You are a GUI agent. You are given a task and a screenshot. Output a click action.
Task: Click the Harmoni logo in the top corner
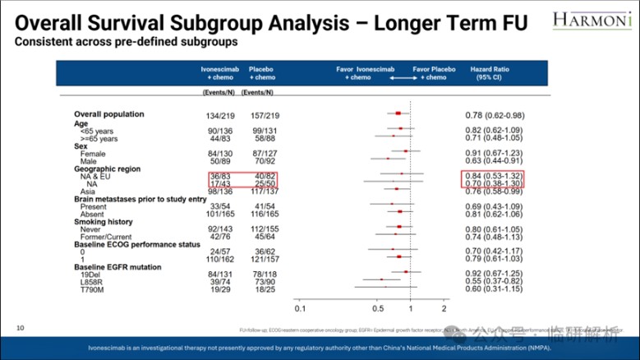pyautogui.click(x=592, y=18)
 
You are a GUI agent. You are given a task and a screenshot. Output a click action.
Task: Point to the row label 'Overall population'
pyautogui.click(x=109, y=114)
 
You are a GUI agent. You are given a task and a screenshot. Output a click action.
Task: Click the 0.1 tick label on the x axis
pyautogui.click(x=300, y=309)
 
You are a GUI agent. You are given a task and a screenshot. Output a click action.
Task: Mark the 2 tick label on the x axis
pyautogui.click(x=444, y=309)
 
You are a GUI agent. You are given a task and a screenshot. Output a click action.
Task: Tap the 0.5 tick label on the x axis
pyautogui.click(x=378, y=309)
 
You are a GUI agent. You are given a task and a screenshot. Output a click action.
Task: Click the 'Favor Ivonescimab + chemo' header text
pyautogui.click(x=358, y=74)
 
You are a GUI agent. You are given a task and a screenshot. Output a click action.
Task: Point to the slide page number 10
pyautogui.click(x=20, y=328)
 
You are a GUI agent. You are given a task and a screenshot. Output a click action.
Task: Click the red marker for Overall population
pyautogui.click(x=398, y=113)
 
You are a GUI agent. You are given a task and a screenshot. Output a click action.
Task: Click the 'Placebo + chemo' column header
pyautogui.click(x=261, y=74)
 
